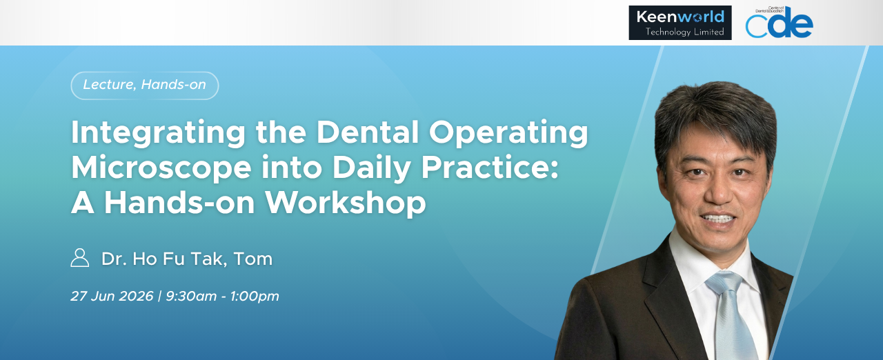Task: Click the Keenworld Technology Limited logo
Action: pos(680,23)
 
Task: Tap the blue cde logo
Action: pos(779,23)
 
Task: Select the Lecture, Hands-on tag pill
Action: pos(145,86)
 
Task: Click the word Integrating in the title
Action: pos(158,133)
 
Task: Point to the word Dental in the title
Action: pos(368,132)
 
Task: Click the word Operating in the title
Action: pos(508,133)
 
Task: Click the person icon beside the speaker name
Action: pos(79,258)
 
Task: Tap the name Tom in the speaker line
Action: pos(253,259)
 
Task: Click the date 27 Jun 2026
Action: pos(112,296)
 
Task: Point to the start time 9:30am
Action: pos(191,296)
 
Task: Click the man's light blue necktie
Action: pos(730,315)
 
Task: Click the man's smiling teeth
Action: pos(717,218)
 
